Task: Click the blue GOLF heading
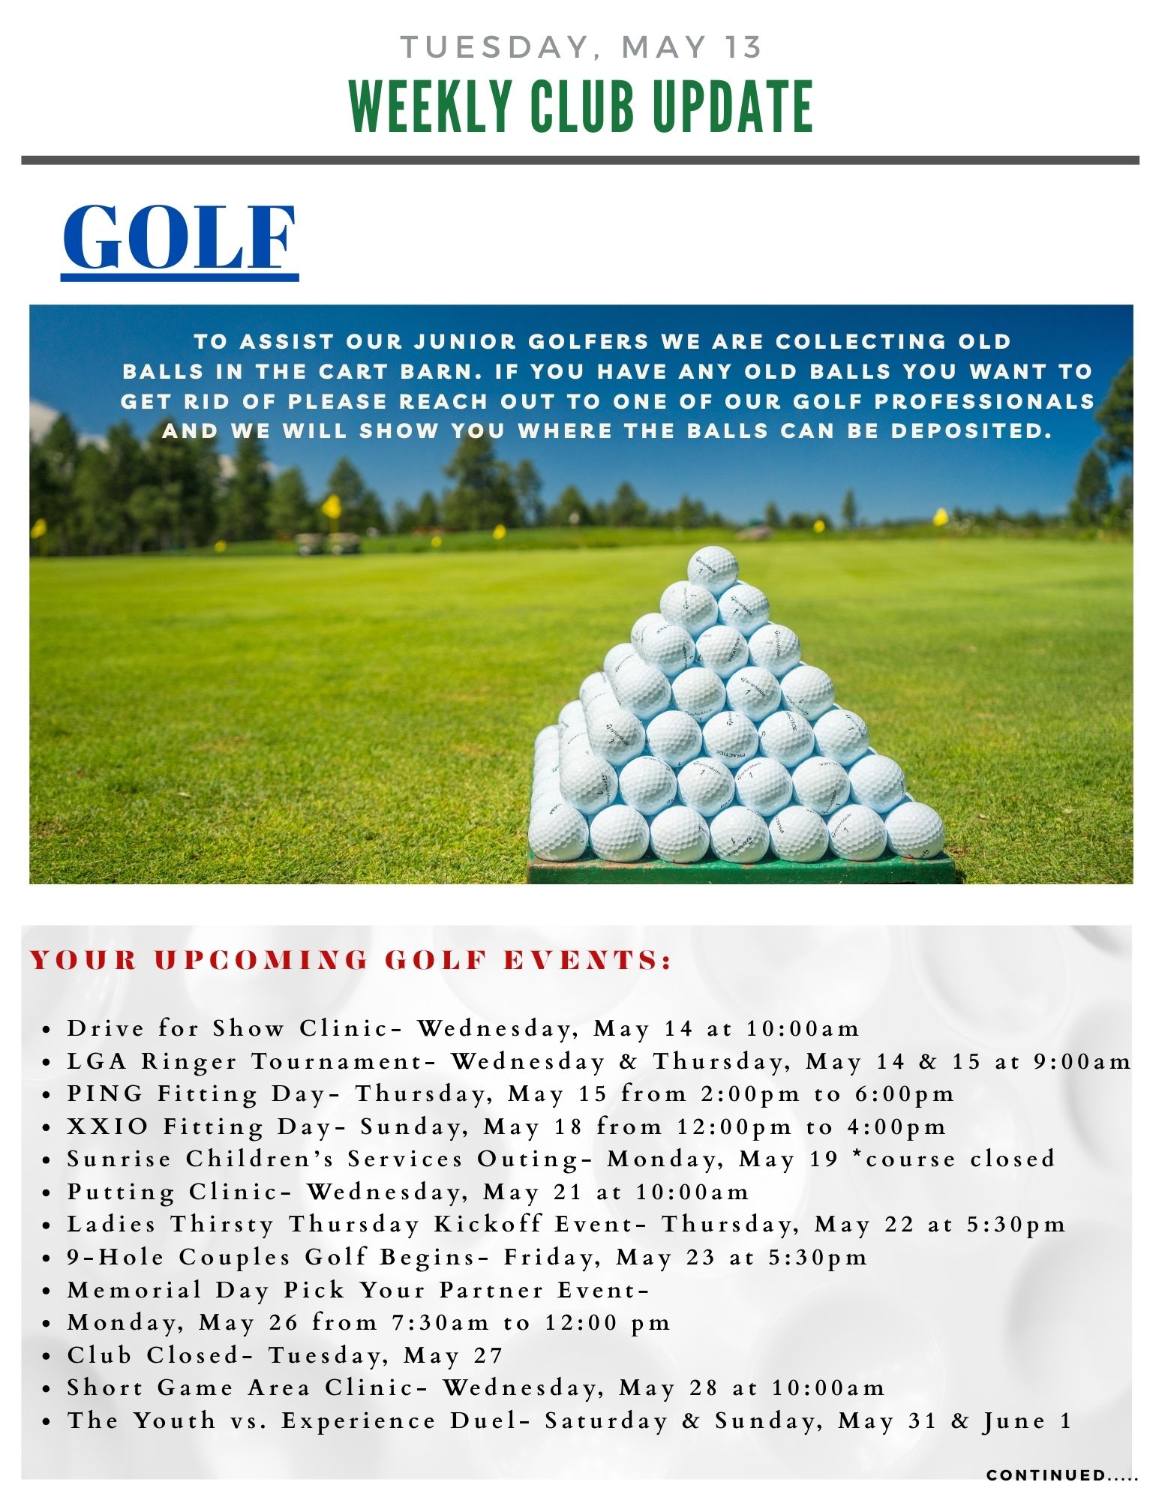tap(179, 238)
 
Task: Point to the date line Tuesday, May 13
tap(581, 47)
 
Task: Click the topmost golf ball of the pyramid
tap(713, 570)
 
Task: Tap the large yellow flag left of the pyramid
tap(332, 505)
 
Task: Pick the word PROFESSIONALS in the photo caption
tap(985, 401)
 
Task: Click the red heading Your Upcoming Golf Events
tap(350, 961)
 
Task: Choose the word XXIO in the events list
tap(108, 1126)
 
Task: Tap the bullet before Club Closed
tap(47, 1357)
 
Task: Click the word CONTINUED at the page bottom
tap(1046, 1475)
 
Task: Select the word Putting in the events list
tap(121, 1192)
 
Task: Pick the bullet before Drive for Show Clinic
tap(47, 1030)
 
